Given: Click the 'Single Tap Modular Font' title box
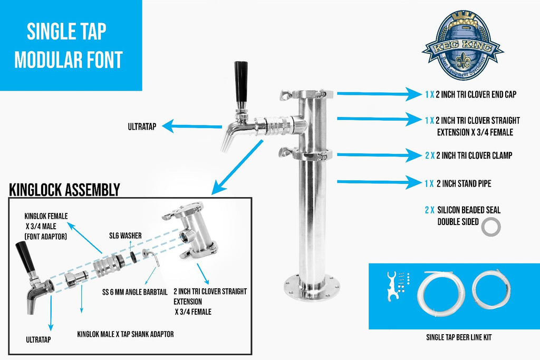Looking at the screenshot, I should coord(71,45).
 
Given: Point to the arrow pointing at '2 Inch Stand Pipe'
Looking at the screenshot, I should coord(375,183).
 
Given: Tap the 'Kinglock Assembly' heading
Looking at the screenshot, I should coord(64,189).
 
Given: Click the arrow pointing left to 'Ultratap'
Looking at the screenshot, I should coord(192,127).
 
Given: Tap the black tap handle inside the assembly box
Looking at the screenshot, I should coord(24,257).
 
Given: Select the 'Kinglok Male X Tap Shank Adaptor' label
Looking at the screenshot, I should coord(125,334).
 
